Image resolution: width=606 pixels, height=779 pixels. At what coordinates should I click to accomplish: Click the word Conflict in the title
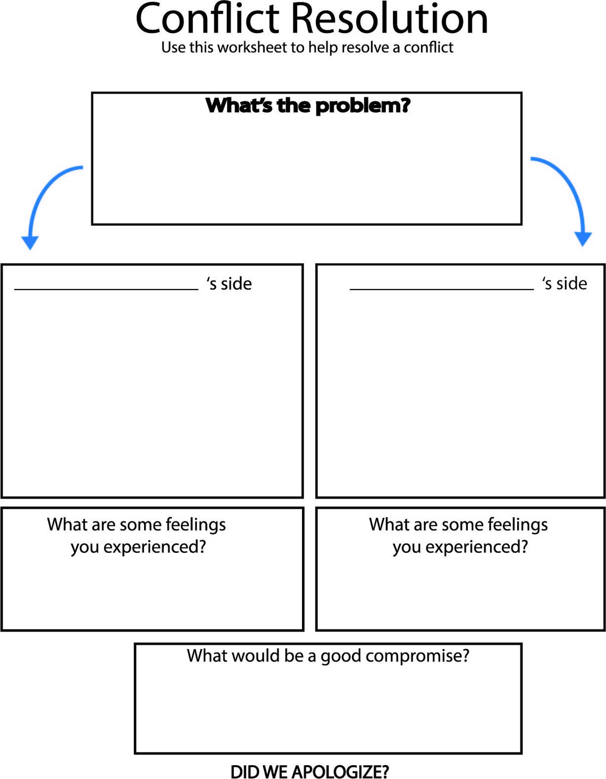[x=208, y=19]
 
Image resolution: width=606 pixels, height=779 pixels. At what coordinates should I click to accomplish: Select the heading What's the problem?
[x=308, y=105]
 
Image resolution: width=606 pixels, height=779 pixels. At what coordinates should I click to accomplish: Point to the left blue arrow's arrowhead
[x=30, y=242]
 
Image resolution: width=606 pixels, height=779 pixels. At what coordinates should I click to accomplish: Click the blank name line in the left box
[x=106, y=288]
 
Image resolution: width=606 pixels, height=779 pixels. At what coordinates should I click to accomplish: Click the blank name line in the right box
[x=441, y=288]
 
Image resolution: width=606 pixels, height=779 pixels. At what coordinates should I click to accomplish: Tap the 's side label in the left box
[x=229, y=284]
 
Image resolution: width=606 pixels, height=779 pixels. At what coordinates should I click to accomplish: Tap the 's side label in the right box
[x=565, y=284]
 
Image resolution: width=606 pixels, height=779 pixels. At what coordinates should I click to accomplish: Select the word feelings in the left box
[x=196, y=525]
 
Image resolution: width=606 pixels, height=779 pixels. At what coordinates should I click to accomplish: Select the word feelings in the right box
[x=518, y=525]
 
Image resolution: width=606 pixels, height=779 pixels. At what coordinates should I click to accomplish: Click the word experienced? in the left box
[x=155, y=547]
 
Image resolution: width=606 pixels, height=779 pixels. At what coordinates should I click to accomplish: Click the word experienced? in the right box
[x=477, y=547]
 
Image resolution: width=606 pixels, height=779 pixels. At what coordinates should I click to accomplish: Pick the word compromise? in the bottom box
[x=425, y=656]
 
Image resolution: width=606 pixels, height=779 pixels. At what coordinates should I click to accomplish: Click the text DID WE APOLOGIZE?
[x=309, y=771]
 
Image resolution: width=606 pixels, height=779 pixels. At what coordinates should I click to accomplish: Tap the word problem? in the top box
[x=363, y=105]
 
